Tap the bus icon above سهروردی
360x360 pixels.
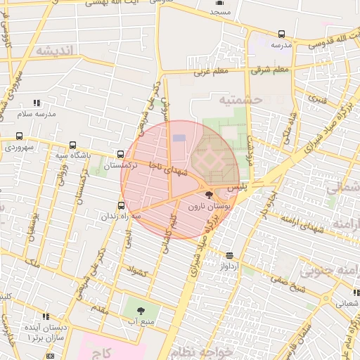19,136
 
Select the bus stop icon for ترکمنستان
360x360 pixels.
121,155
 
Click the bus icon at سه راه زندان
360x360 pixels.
122,205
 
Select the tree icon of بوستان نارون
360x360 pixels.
209,195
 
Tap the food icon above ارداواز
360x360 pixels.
230,256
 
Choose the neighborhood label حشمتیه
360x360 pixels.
242,100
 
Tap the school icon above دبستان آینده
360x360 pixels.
46,316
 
